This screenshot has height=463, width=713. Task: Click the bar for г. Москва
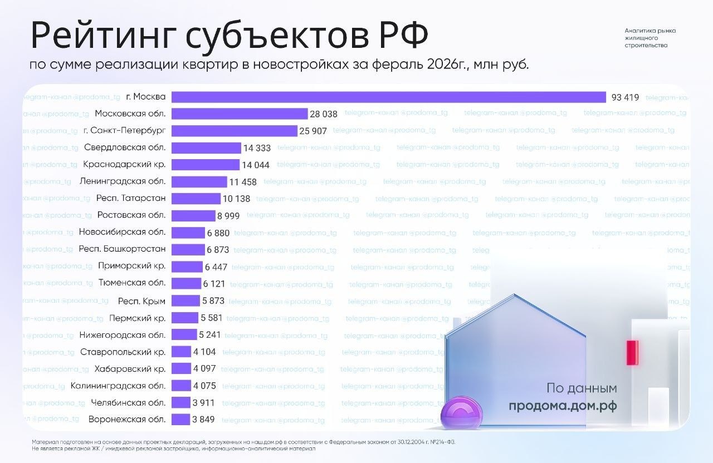click(388, 97)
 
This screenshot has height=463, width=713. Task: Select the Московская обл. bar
click(240, 114)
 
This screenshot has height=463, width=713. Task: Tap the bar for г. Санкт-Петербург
click(234, 131)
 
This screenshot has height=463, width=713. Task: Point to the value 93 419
click(625, 97)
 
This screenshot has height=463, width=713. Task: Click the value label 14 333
click(257, 148)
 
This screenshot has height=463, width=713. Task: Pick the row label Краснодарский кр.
click(124, 165)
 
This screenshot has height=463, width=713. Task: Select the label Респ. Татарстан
click(130, 199)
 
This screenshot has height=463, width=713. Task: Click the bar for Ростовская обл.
click(193, 215)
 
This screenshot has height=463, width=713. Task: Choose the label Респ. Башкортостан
click(122, 249)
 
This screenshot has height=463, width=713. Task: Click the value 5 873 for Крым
click(213, 301)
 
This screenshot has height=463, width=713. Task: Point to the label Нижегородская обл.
click(122, 335)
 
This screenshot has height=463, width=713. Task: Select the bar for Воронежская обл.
click(180, 420)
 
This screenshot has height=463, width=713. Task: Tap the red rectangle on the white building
click(632, 353)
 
